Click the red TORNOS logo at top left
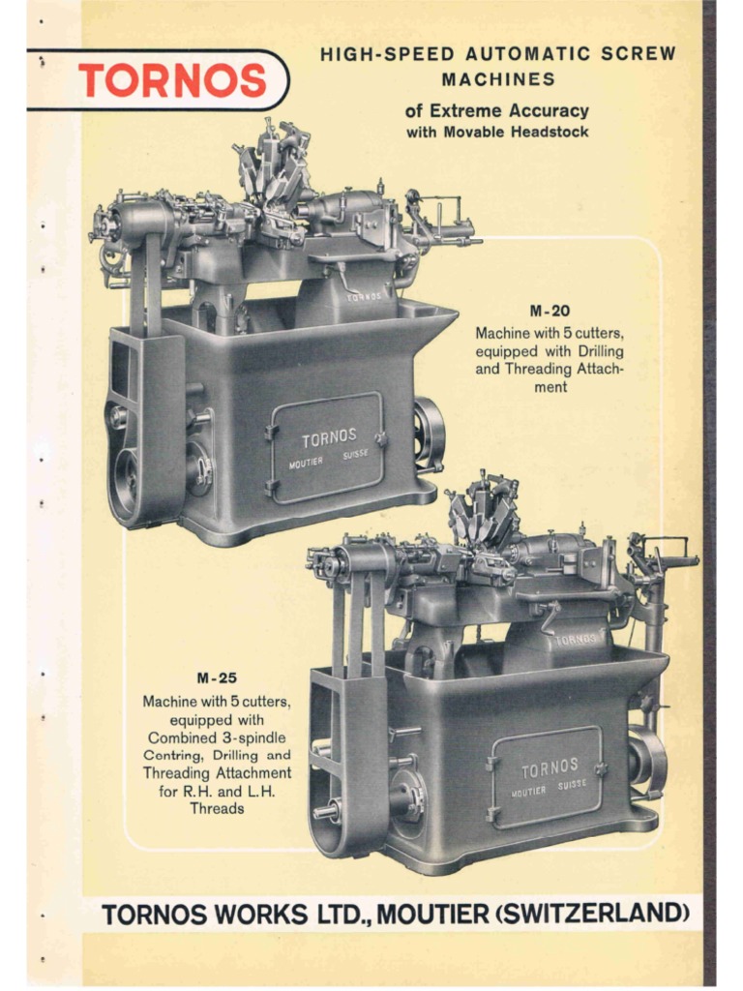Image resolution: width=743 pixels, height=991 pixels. (171, 80)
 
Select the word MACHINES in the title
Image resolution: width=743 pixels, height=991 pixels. (498, 79)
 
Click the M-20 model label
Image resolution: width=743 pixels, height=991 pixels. (549, 312)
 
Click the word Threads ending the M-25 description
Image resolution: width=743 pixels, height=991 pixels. (217, 808)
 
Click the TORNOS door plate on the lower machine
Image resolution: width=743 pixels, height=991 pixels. (549, 769)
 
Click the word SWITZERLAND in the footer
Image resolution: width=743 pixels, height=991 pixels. (599, 913)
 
